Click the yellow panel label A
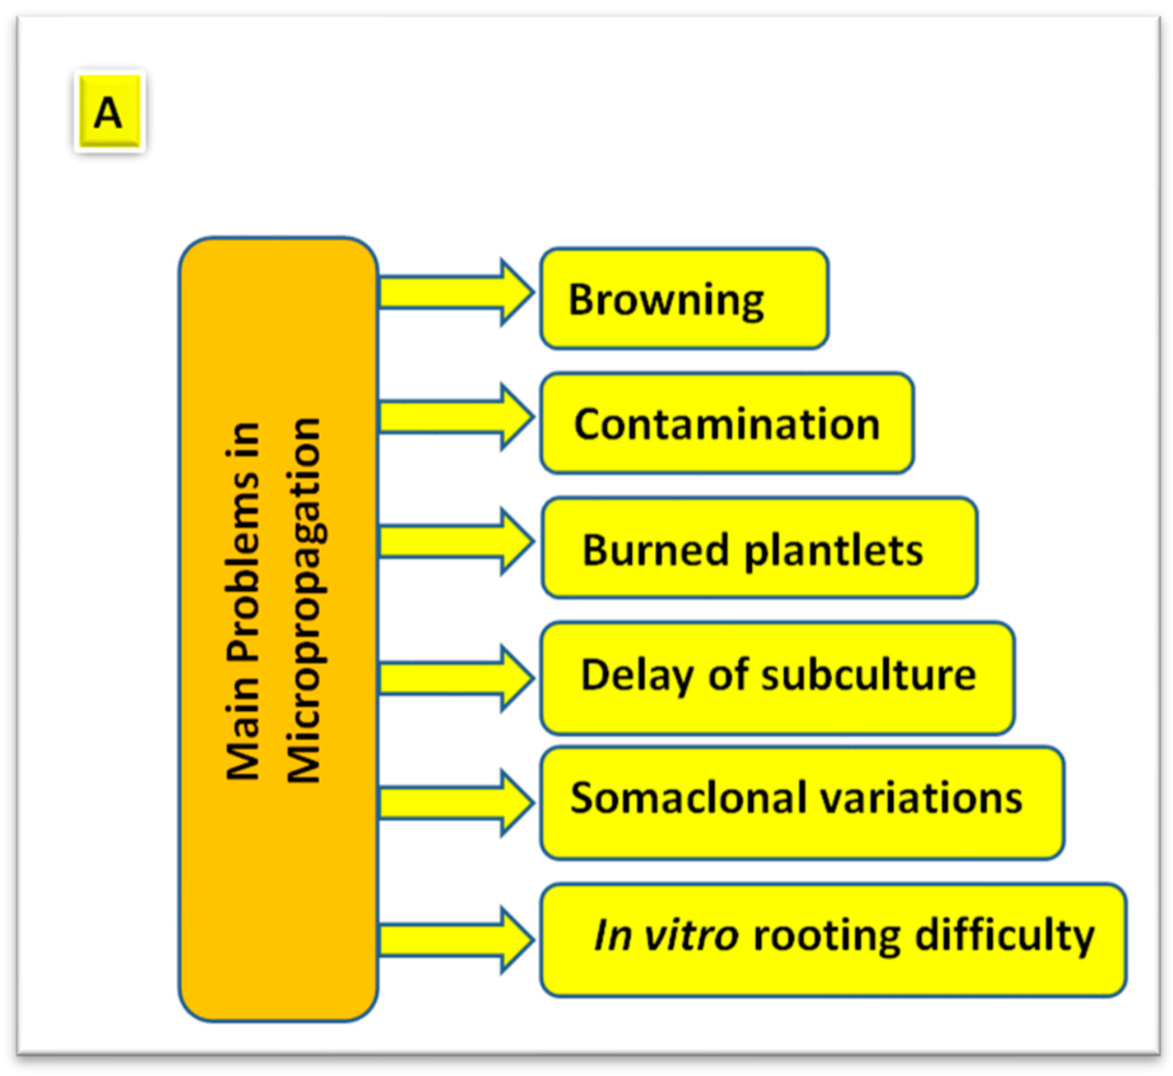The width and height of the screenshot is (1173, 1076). point(109,111)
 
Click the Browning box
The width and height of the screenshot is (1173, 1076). point(684,299)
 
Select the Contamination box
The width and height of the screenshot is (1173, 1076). point(726,423)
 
